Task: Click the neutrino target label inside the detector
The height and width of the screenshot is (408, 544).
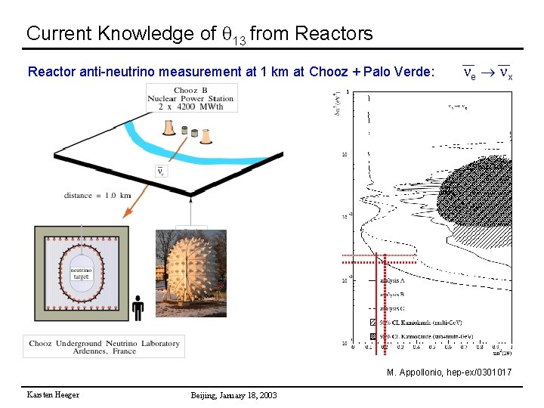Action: point(81,273)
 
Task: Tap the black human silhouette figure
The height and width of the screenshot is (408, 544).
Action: point(138,308)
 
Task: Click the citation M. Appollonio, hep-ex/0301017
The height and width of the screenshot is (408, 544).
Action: point(449,372)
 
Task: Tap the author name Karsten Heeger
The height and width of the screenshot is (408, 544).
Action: point(53,395)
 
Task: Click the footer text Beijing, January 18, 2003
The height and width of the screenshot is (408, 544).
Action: point(233,395)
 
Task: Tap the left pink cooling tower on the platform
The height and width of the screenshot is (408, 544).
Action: point(169,126)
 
